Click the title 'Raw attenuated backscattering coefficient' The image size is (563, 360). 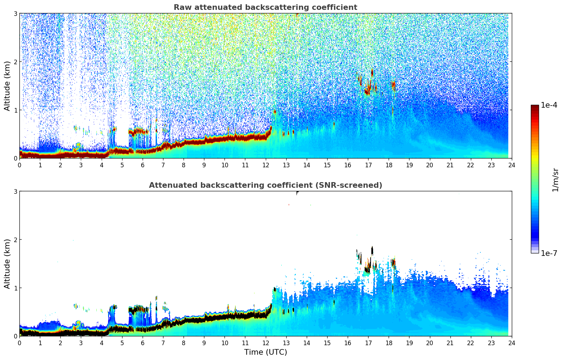tap(265, 7)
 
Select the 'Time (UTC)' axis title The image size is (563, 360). tap(265, 352)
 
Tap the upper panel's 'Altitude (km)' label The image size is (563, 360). tap(7, 86)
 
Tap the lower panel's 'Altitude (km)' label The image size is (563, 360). tap(7, 264)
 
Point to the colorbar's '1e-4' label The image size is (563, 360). tap(549, 105)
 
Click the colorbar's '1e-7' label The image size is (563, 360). tap(549, 253)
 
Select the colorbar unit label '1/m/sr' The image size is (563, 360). tap(556, 180)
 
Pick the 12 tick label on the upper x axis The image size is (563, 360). tap(265, 165)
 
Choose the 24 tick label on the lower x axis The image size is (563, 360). tap(511, 343)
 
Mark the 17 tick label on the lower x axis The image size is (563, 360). tap(368, 343)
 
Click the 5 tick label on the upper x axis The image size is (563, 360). tap(122, 165)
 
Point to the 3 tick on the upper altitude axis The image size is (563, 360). tap(16, 13)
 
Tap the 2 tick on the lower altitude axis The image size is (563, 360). tap(16, 240)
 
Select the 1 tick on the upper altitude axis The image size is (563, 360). tap(16, 110)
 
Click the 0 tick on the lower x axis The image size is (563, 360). tap(19, 343)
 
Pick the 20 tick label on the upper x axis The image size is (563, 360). tap(430, 165)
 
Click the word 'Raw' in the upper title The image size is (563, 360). tap(181, 7)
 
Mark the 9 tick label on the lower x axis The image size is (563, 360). tap(204, 343)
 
